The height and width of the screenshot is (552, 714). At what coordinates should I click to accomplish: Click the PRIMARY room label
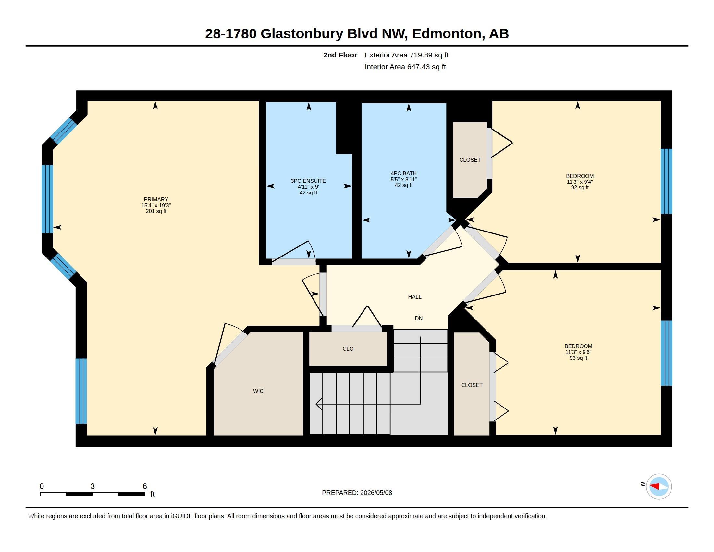[x=156, y=199]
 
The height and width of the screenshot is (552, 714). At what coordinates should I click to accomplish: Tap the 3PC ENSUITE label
[x=308, y=181]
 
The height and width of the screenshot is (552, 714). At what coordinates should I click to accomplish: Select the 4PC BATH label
[x=404, y=173]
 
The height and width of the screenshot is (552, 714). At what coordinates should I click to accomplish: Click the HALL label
[x=414, y=296]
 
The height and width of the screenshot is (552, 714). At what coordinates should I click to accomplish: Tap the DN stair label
[x=419, y=318]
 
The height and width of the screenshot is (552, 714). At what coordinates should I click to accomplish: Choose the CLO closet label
[x=348, y=349]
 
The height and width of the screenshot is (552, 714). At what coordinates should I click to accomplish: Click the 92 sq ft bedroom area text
[x=580, y=187]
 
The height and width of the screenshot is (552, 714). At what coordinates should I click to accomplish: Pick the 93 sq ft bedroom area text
[x=578, y=358]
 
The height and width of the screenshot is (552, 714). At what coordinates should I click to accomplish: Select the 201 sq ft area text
[x=156, y=211]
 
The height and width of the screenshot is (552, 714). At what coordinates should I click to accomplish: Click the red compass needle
[x=654, y=486]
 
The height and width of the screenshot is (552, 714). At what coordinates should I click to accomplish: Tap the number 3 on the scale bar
[x=92, y=486]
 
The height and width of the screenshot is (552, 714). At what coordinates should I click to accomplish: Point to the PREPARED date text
[x=357, y=493]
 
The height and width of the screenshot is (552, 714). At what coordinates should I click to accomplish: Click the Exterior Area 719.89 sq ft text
[x=406, y=55]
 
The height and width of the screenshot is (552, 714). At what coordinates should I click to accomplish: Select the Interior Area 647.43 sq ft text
[x=405, y=67]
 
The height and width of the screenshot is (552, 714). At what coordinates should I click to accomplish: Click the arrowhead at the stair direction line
[x=318, y=404]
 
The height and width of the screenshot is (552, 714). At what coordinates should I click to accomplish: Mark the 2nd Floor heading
[x=340, y=55]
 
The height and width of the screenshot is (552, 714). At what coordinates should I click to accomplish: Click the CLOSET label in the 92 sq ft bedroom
[x=470, y=159]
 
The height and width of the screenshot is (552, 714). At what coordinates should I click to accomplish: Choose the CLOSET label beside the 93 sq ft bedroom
[x=472, y=385]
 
